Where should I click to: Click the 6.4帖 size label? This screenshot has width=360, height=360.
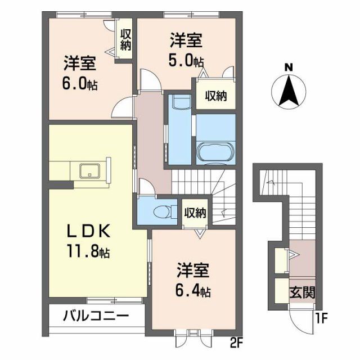click(x=192, y=291)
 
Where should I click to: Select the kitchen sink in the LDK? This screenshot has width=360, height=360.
click(x=89, y=170)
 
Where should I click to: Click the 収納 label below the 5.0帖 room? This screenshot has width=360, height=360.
click(x=215, y=96)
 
